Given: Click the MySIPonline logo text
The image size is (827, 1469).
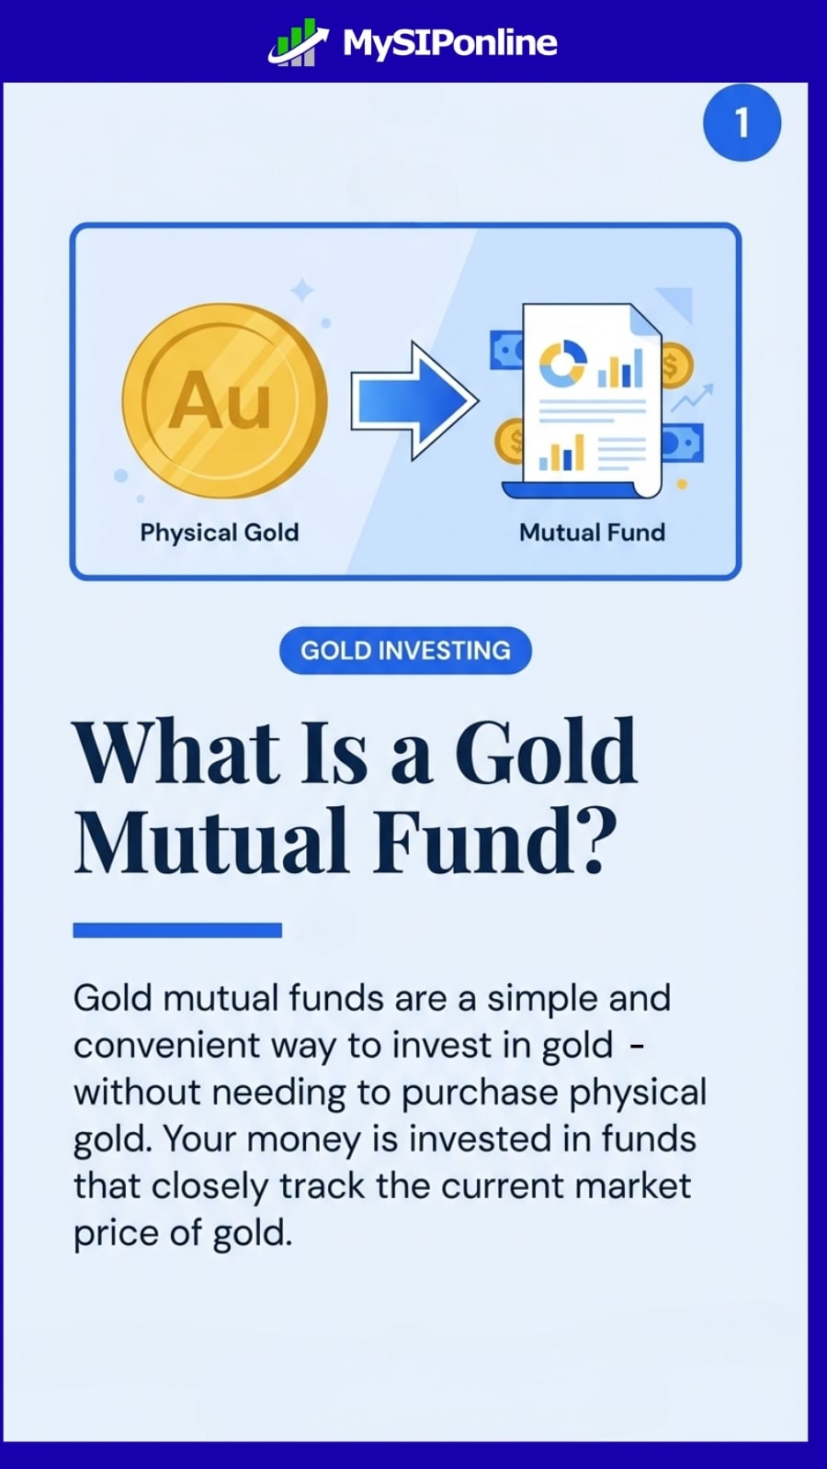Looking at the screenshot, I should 449,43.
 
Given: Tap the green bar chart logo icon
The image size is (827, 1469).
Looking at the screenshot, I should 297,43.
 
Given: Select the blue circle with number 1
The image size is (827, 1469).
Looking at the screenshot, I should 742,123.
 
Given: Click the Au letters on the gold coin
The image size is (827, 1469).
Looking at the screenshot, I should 221,401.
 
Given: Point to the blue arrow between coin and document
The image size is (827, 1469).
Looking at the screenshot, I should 413,400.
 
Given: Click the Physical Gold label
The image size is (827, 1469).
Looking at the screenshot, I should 219,533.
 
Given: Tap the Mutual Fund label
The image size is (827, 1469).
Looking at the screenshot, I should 592,533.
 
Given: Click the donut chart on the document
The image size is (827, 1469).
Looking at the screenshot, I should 561,364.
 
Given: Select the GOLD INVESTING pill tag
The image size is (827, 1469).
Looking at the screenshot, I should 405,650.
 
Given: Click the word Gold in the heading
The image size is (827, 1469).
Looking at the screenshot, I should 545,753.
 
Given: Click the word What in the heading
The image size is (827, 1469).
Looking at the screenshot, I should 176,753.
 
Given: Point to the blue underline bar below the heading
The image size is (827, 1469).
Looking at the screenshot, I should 177,930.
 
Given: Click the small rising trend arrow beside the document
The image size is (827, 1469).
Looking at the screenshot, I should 692,398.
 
